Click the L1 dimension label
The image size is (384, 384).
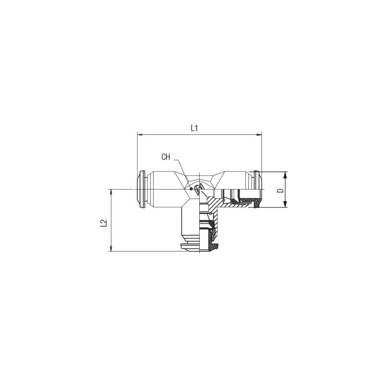[x=194, y=128]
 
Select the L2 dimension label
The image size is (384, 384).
[x=104, y=223]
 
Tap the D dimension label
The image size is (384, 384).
[x=280, y=190]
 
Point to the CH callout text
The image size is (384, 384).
[x=166, y=157]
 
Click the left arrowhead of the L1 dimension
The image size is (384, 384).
[x=140, y=135]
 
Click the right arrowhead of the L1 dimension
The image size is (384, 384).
[x=259, y=135]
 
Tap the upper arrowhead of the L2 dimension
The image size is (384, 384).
[x=111, y=192]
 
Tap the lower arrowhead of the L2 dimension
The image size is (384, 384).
[x=111, y=249]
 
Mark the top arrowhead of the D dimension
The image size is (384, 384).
[x=285, y=175]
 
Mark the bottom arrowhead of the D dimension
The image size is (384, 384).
[x=285, y=204]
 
